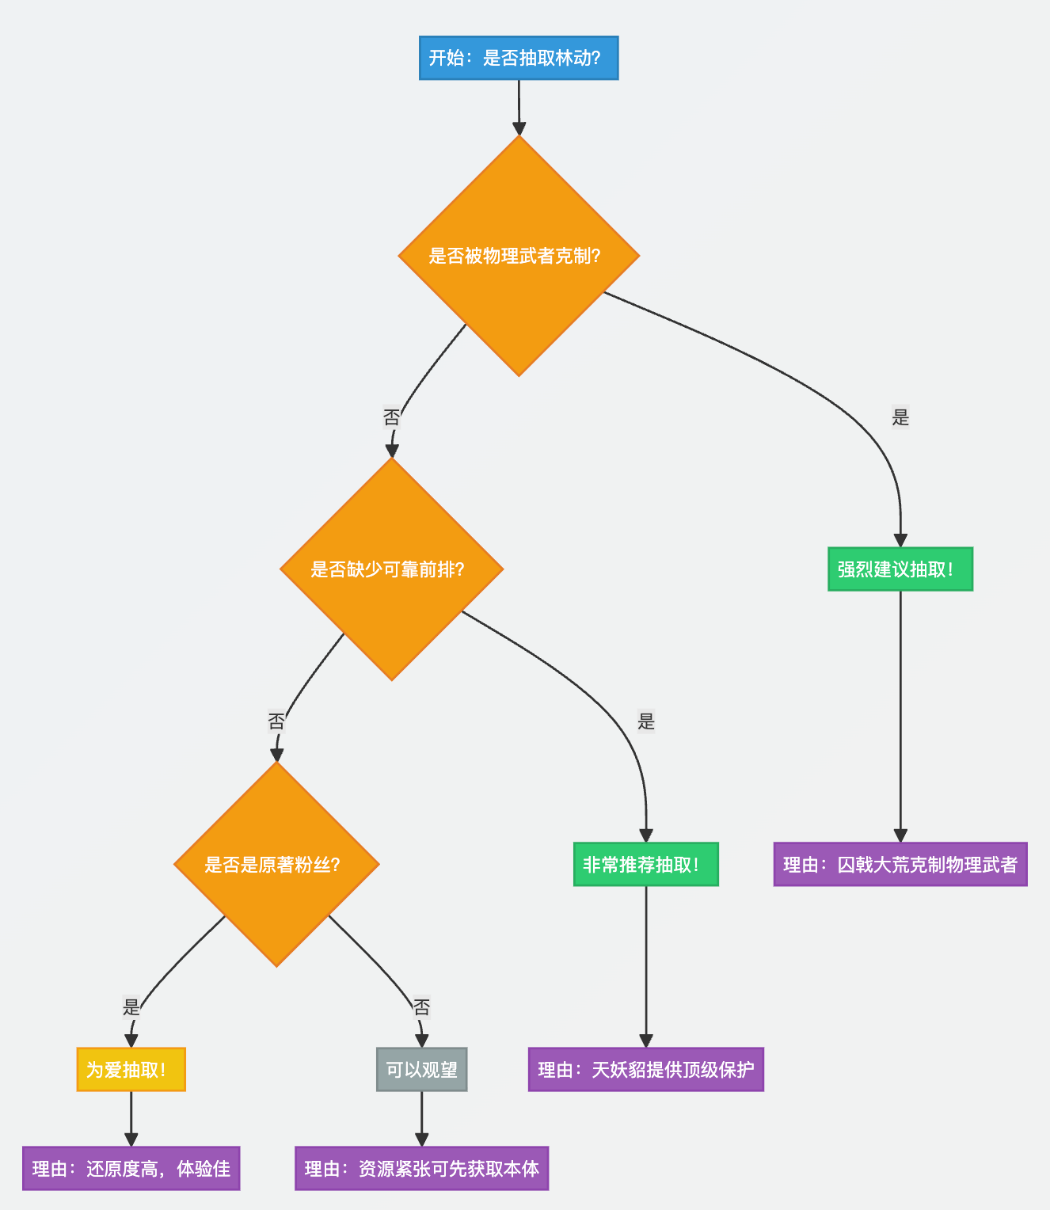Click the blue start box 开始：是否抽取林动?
tap(519, 58)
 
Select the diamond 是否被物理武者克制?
tap(519, 256)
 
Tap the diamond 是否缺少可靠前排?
tap(391, 569)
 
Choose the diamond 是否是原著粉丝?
tap(276, 864)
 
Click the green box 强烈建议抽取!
tap(900, 569)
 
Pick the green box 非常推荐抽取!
tap(645, 864)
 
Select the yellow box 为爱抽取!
tap(131, 1070)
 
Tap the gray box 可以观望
tap(421, 1070)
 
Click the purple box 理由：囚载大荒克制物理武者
tap(900, 864)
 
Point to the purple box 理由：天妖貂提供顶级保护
tap(645, 1070)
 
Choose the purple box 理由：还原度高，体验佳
tap(131, 1168)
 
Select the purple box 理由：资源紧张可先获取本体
tap(421, 1168)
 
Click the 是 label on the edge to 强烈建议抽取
tap(900, 417)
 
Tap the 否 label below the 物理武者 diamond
tap(391, 417)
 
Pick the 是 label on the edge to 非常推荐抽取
tap(646, 721)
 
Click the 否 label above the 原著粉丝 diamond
tap(276, 721)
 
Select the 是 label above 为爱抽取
tap(131, 1006)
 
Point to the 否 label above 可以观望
tap(421, 1006)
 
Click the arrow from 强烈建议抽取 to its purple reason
tap(900, 713)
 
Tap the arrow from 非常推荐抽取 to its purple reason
tap(645, 966)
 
